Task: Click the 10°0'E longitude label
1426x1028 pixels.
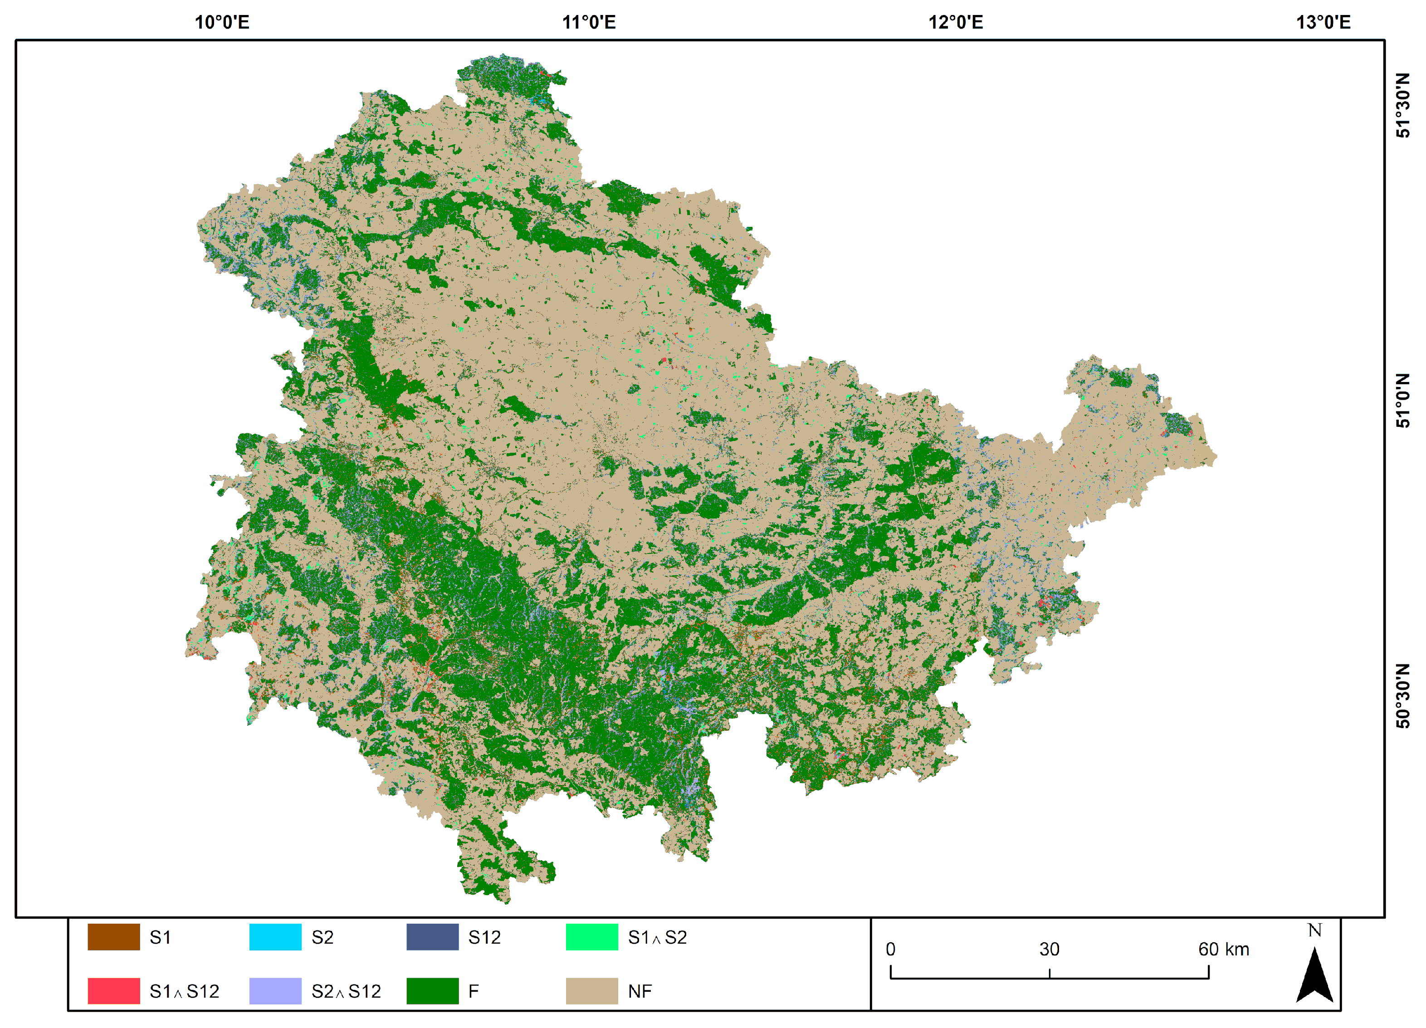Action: pyautogui.click(x=222, y=23)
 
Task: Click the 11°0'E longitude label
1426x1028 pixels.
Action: pyautogui.click(x=589, y=23)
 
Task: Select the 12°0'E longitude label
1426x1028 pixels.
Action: pyautogui.click(x=956, y=23)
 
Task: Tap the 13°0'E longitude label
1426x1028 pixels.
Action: pyautogui.click(x=1323, y=23)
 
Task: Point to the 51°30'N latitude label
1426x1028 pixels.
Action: pyautogui.click(x=1403, y=106)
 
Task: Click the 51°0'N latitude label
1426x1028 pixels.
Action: pyautogui.click(x=1403, y=401)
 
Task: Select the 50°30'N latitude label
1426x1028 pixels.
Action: pyautogui.click(x=1403, y=695)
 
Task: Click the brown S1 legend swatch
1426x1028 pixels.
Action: pyautogui.click(x=113, y=937)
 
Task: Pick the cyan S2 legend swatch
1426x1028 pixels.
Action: pyautogui.click(x=275, y=937)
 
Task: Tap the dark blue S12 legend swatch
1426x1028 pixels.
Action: pyautogui.click(x=433, y=937)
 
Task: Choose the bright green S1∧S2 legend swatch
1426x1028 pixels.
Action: pyautogui.click(x=591, y=937)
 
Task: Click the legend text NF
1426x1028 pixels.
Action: pyautogui.click(x=640, y=992)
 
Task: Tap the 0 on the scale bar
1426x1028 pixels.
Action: pyautogui.click(x=890, y=950)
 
